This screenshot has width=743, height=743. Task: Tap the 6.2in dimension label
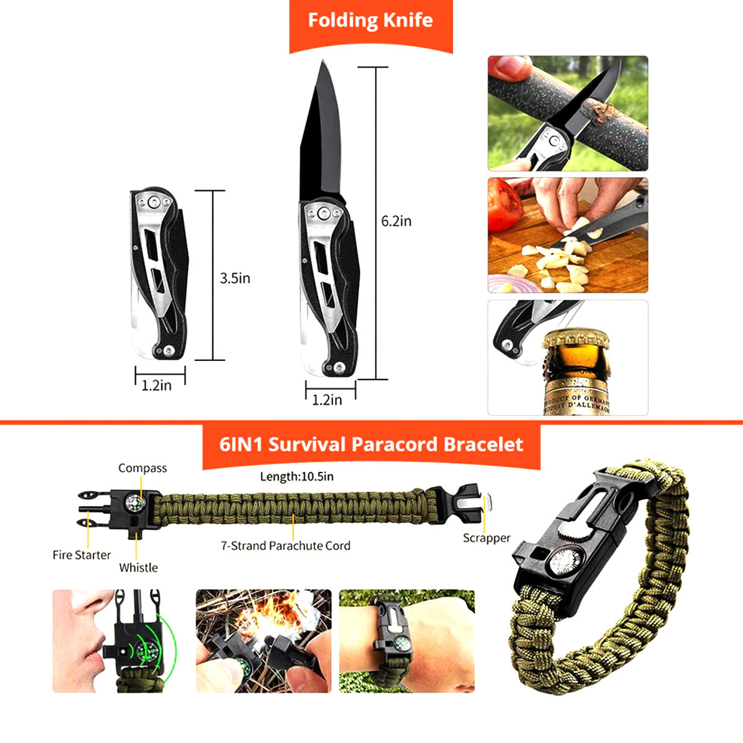click(x=396, y=221)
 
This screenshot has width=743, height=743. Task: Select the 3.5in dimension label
click(x=235, y=278)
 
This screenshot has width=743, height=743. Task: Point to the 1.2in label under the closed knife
click(x=157, y=386)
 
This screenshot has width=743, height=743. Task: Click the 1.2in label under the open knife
click(x=327, y=400)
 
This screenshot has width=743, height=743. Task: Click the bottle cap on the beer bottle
click(x=576, y=338)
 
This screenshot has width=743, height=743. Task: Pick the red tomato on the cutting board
click(x=505, y=204)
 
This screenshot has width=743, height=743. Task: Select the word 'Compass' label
click(x=142, y=468)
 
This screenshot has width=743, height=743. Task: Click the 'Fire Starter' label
click(x=82, y=555)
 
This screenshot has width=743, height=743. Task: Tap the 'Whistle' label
click(x=139, y=568)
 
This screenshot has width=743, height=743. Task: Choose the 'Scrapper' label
click(x=487, y=538)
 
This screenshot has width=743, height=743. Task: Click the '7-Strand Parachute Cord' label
click(x=285, y=545)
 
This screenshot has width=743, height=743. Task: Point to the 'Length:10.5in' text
click(x=297, y=476)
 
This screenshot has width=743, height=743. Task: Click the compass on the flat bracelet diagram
click(x=135, y=503)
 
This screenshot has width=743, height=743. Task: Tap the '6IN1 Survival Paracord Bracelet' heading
click(x=371, y=444)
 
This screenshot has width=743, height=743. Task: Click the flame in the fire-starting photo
click(x=266, y=624)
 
